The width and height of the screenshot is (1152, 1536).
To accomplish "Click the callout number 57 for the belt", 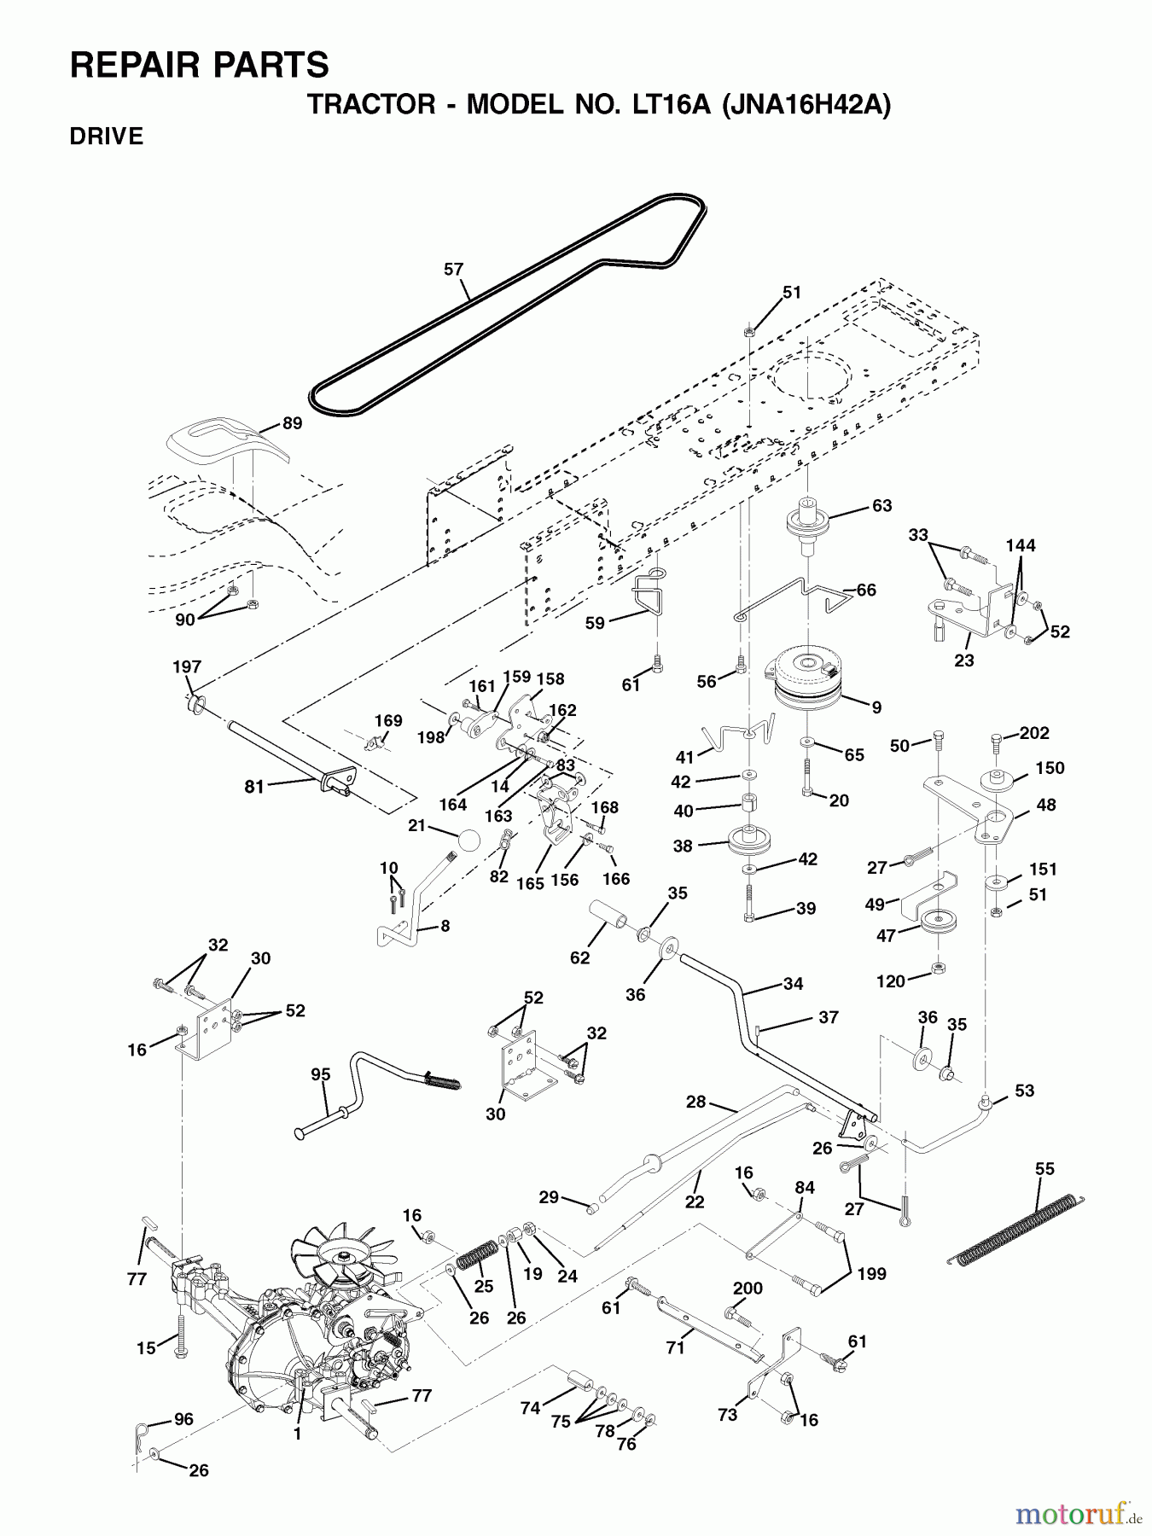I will (453, 270).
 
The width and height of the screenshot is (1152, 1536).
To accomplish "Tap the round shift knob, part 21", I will (468, 840).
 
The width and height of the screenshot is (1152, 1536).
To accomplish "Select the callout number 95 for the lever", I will (320, 1074).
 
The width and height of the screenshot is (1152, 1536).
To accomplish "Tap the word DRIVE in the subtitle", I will (107, 137).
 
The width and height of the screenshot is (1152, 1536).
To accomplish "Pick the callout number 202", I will (1034, 733).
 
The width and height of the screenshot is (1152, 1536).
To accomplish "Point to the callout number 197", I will (187, 666).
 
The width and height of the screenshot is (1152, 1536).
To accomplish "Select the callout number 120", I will (890, 981).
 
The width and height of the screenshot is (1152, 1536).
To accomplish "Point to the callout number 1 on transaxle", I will (297, 1434).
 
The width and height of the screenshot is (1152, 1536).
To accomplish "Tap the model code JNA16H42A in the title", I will (806, 105).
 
